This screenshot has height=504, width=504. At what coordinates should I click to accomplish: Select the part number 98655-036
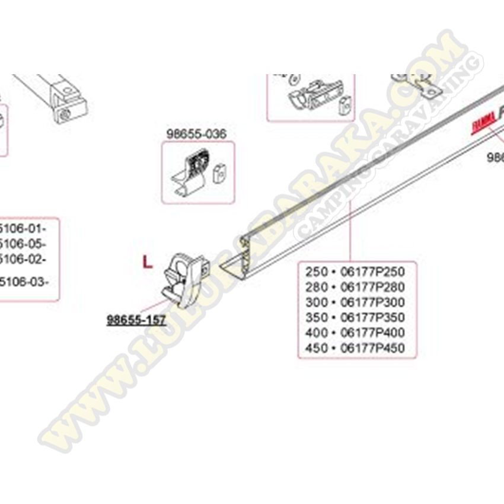click(x=196, y=135)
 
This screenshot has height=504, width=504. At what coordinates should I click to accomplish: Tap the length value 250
click(x=316, y=272)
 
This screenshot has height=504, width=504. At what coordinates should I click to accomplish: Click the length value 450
click(x=316, y=348)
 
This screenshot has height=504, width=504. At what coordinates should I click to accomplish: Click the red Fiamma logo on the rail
click(x=483, y=124)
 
